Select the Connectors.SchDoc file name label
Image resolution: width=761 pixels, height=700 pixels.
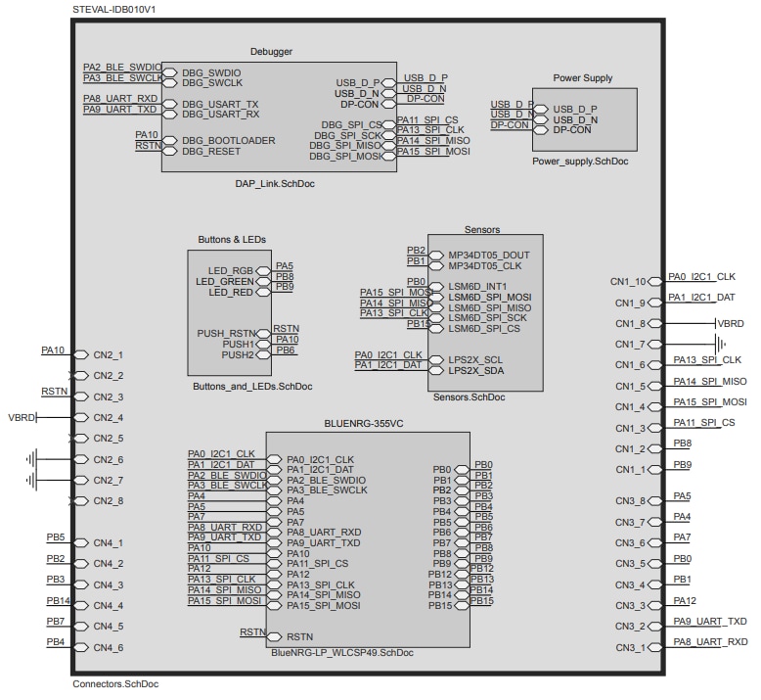(x=115, y=684)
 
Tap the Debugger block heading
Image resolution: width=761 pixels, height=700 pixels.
(x=272, y=51)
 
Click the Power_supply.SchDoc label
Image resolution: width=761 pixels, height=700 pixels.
(x=581, y=161)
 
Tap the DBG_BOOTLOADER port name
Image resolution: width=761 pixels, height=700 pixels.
(x=228, y=140)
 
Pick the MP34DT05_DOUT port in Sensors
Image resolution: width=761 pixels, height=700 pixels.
(x=488, y=254)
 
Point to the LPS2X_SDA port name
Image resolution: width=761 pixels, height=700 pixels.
(x=475, y=370)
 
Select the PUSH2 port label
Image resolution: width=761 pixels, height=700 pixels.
(x=238, y=354)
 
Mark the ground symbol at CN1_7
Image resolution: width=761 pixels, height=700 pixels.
(x=720, y=345)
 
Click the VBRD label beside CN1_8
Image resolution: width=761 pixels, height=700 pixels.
(x=730, y=322)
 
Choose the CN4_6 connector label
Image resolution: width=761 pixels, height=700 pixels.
(x=108, y=648)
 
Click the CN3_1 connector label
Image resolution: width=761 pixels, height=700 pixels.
(x=631, y=648)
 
